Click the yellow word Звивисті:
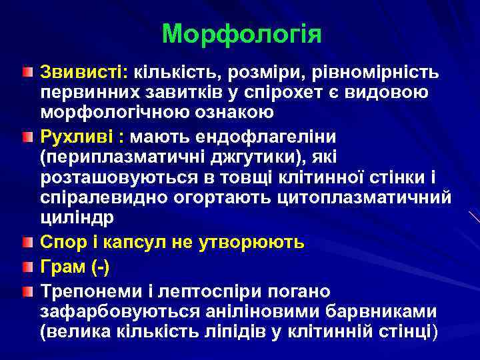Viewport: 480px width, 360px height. (85, 71)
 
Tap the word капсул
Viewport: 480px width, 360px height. (130, 243)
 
